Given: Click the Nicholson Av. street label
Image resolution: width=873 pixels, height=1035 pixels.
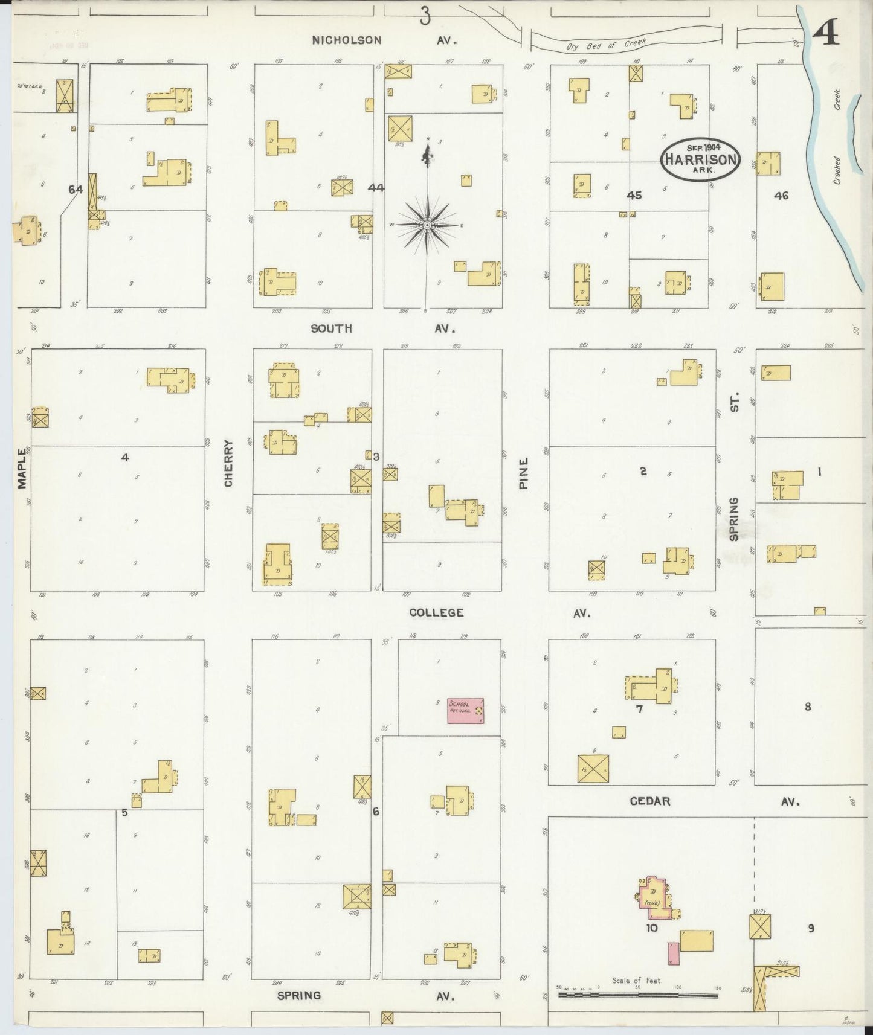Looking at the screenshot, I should [x=384, y=40].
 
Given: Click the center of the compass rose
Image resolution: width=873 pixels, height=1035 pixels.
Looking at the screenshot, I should [x=427, y=225].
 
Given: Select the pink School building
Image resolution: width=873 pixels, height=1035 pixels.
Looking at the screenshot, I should [x=465, y=711].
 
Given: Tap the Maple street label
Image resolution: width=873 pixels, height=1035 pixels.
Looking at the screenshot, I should [x=22, y=467].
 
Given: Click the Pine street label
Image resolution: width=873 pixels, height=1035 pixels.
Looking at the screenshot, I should [x=523, y=473].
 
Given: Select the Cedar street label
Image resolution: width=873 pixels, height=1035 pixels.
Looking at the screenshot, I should [x=650, y=801].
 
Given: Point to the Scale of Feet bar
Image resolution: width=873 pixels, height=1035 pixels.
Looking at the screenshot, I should [x=637, y=993].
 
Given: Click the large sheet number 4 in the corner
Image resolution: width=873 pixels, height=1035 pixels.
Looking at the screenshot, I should [x=825, y=36].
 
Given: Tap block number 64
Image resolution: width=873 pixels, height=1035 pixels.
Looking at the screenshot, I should [x=76, y=190].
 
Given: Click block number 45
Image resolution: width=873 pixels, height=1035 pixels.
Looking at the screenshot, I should [x=634, y=195].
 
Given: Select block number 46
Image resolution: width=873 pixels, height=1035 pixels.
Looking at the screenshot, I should [x=781, y=195].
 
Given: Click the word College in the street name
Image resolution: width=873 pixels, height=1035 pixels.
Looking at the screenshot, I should [x=436, y=612].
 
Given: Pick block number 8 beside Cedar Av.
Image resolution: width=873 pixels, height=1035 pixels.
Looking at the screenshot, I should [x=807, y=707].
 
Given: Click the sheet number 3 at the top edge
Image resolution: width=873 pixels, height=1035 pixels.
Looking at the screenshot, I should [x=425, y=18].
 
